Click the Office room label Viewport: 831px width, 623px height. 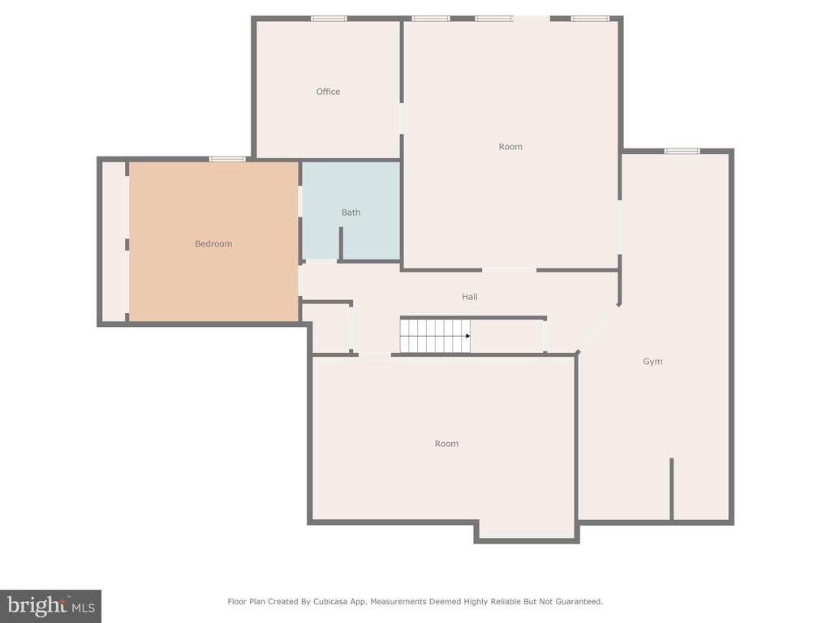[x=328, y=92]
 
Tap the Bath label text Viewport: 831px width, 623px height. [x=351, y=213]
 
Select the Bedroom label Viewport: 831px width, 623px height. [x=213, y=243]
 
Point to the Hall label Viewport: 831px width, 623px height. [x=470, y=297]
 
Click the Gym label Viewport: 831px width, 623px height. [x=652, y=362]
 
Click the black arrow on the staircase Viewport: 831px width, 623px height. [x=468, y=337]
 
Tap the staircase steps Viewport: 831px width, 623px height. [x=435, y=337]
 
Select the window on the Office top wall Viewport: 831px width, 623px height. [x=329, y=19]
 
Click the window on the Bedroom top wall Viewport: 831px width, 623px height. [x=227, y=159]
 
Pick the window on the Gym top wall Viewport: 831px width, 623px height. [x=682, y=152]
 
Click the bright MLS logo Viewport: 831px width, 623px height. [x=50, y=606]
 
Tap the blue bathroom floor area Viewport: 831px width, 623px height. [x=371, y=191]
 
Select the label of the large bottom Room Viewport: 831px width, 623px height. [x=446, y=444]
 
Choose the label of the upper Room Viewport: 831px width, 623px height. [x=510, y=147]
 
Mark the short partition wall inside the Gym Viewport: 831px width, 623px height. [x=671, y=489]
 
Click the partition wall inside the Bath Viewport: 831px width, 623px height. [x=341, y=243]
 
